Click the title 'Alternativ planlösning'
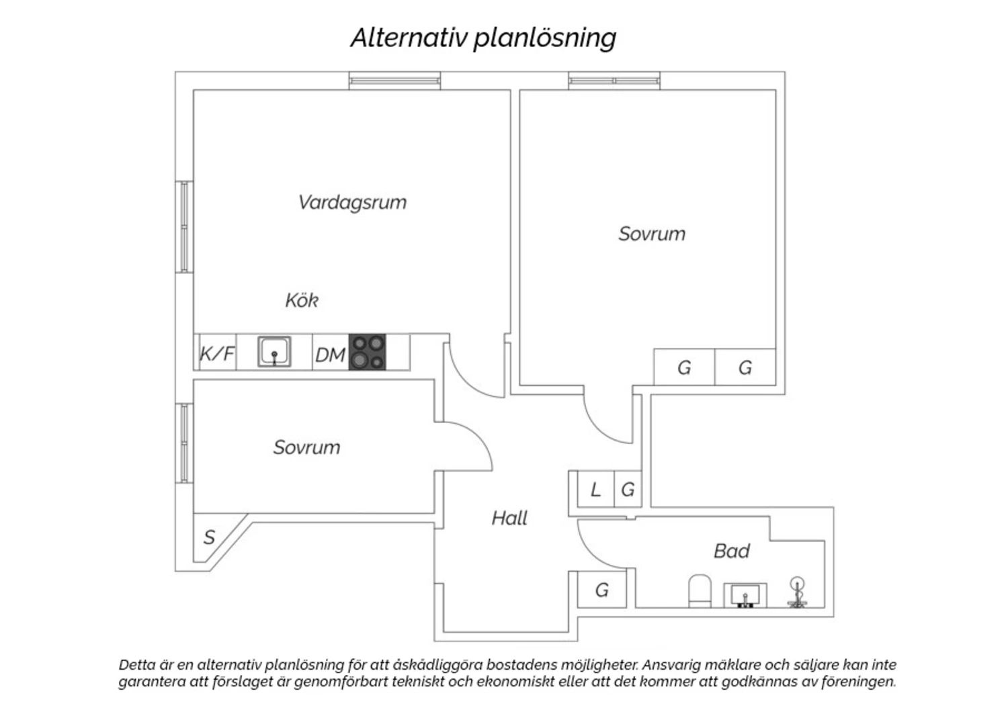pos(483,38)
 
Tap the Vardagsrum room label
pos(352,202)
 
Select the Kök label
pos(302,300)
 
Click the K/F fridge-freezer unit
pos(216,353)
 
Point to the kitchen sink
pos(274,352)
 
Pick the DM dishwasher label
pos(330,354)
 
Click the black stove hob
pos(368,352)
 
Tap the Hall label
pos(509,518)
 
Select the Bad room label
pos(731,551)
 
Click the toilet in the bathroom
pos(700,590)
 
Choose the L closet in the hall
pos(595,490)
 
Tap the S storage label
pos(209,537)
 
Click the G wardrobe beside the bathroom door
pos(602,590)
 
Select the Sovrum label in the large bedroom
pos(652,234)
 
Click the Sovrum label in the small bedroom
pos(306,447)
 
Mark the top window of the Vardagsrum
pos(394,81)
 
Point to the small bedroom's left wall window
pos(184,443)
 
